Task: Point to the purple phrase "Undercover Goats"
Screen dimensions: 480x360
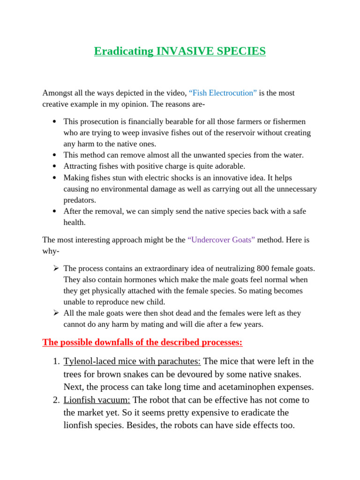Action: [221, 240]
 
